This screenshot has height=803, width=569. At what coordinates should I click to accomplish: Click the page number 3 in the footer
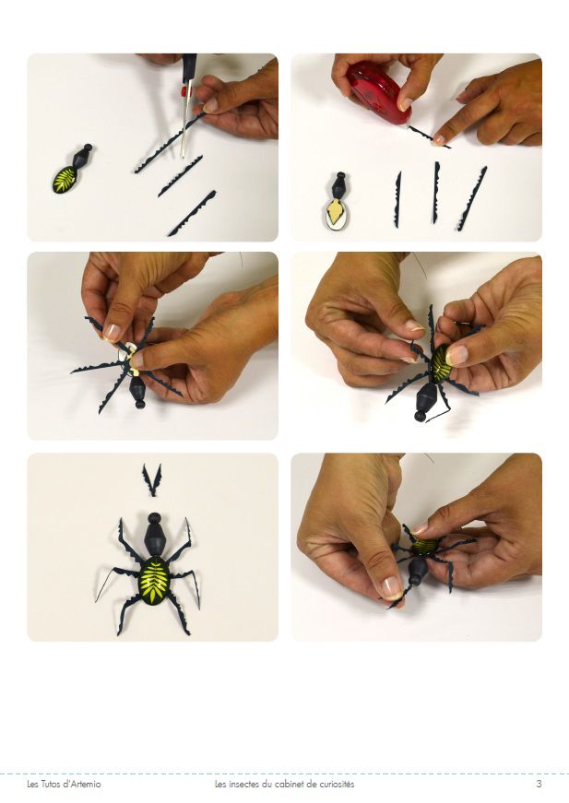539,784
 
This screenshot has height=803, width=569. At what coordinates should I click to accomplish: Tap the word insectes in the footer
243,784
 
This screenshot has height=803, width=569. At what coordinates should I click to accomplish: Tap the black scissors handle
189,66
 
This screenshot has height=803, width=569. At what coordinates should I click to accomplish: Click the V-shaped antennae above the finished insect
152,479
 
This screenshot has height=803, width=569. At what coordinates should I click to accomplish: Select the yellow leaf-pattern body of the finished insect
154,581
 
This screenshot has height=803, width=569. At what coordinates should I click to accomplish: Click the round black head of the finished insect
154,517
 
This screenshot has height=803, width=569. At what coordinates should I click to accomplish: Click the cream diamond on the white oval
337,210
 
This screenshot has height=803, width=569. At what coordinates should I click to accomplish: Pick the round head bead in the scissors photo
89,148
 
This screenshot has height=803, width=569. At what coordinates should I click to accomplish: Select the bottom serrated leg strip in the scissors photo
192,213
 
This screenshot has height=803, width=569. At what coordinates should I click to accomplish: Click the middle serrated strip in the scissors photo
180,176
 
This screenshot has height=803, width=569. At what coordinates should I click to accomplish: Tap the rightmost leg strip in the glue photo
471,198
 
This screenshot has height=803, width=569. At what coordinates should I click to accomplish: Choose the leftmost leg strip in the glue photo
398,199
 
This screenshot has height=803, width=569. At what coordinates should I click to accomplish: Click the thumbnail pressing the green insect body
456,356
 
